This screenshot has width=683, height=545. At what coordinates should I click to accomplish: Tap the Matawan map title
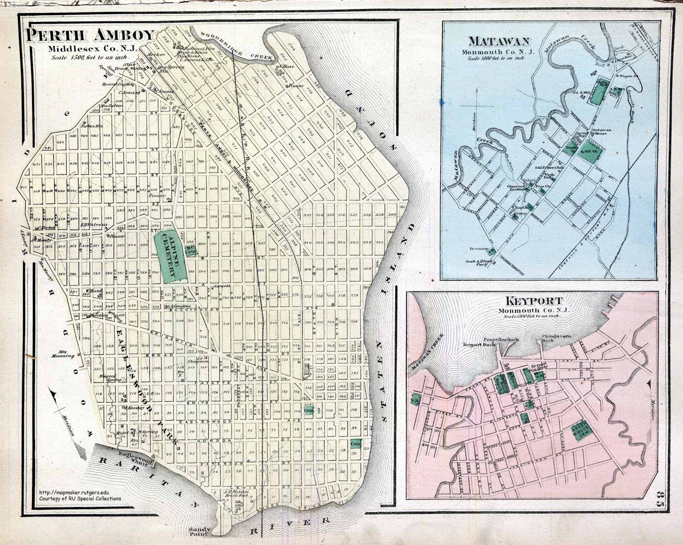click(499, 41)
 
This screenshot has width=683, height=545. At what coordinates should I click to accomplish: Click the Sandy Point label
click(199, 531)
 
